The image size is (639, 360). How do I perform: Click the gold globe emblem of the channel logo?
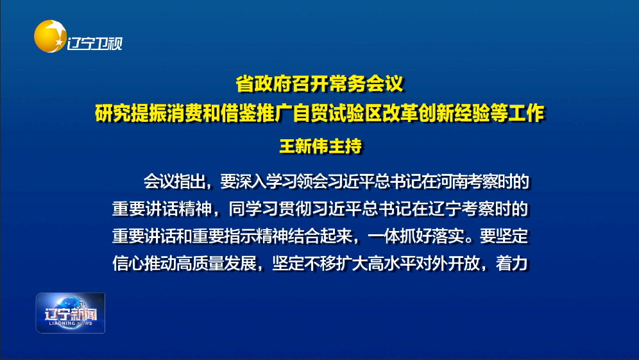pyautogui.click(x=50, y=37)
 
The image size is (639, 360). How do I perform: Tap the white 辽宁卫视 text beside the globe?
pyautogui.click(x=94, y=43)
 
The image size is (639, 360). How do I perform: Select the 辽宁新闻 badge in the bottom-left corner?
pyautogui.click(x=71, y=313)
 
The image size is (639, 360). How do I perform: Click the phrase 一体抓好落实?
pyautogui.click(x=416, y=236)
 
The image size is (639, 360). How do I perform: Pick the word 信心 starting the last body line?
pyautogui.click(x=128, y=263)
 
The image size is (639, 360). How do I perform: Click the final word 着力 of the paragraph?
pyautogui.click(x=512, y=263)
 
